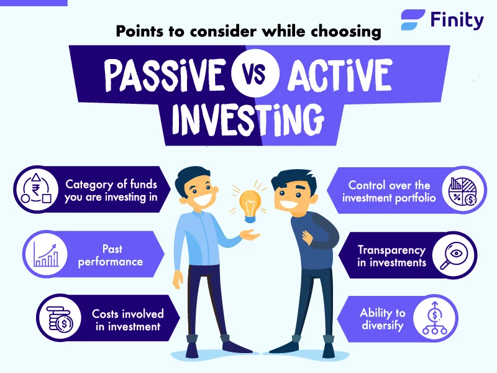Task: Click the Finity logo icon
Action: coord(413,20)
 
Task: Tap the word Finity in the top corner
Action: coord(457,20)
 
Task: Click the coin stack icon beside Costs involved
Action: coord(60,318)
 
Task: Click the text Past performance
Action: coord(111,256)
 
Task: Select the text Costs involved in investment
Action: coord(128,320)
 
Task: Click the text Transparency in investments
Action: coord(391,256)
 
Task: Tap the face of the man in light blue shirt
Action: coord(198,186)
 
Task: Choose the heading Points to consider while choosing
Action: coord(248,32)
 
